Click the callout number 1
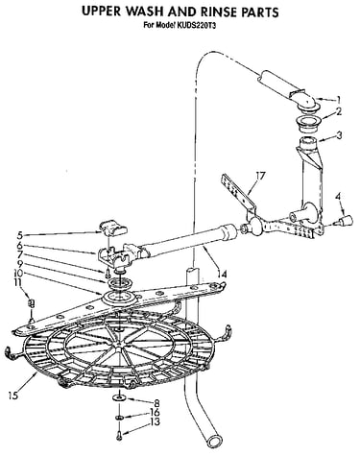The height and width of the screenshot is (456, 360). [x=338, y=100]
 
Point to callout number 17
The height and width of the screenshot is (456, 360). [x=261, y=176]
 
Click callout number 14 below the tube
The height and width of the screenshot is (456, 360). [x=222, y=274]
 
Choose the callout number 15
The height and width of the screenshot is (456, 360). [x=13, y=396]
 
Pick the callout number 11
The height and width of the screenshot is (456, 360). [x=17, y=282]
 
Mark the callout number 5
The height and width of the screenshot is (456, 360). [x=19, y=236]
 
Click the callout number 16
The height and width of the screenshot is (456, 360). [x=155, y=413]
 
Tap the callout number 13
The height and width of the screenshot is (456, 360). [x=155, y=421]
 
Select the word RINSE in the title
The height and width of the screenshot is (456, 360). [x=219, y=12]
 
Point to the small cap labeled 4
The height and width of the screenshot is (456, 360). [x=344, y=221]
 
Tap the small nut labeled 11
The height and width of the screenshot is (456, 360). [x=31, y=302]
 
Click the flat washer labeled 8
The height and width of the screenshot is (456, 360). [x=119, y=397]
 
